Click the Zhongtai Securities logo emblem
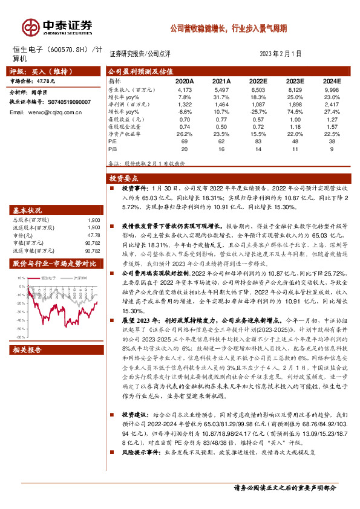click(x=31, y=26)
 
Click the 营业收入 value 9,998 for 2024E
click(x=332, y=88)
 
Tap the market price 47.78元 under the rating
click(x=44, y=80)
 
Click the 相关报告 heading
click(x=27, y=350)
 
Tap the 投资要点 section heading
click(x=123, y=178)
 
